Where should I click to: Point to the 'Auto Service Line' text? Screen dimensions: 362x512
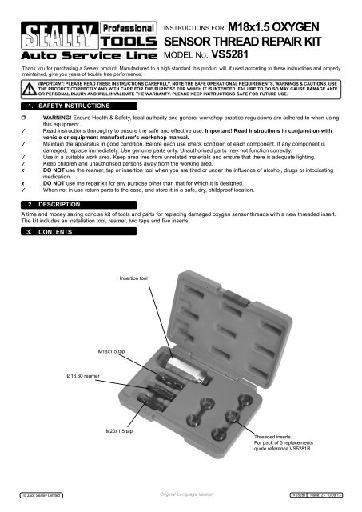pos(78,59)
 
